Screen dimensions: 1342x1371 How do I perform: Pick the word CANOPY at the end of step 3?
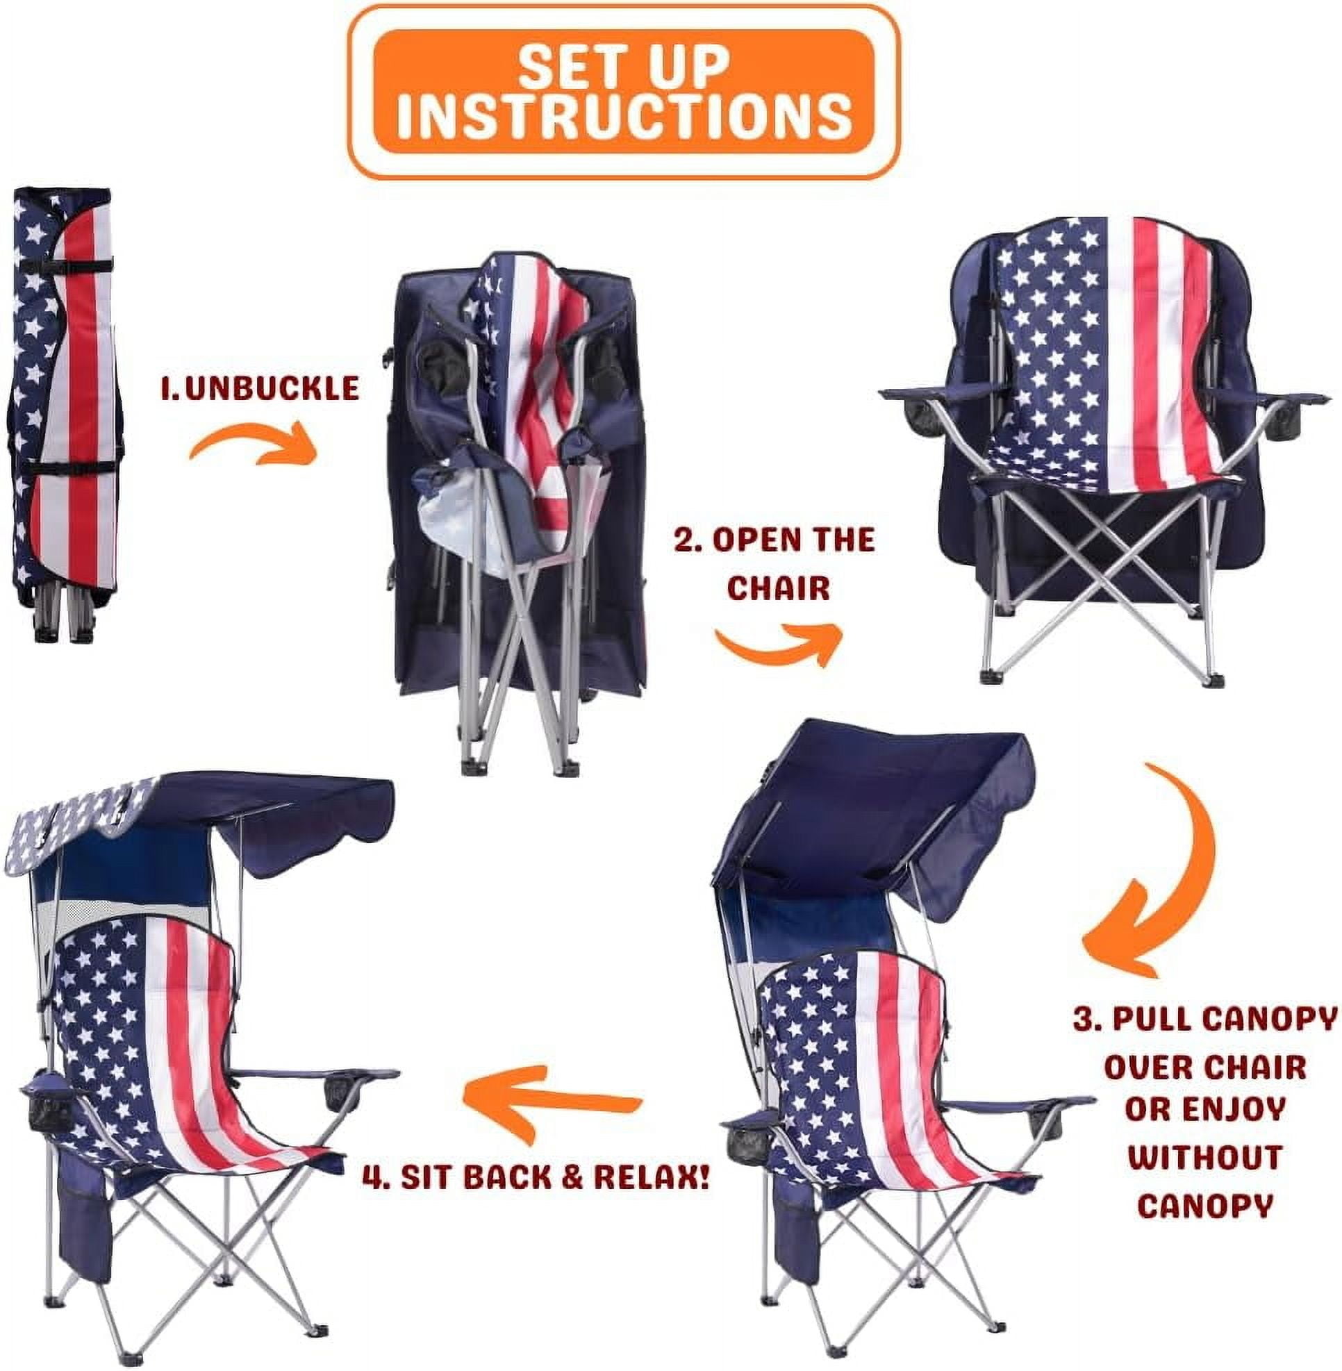[x=1204, y=1206]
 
